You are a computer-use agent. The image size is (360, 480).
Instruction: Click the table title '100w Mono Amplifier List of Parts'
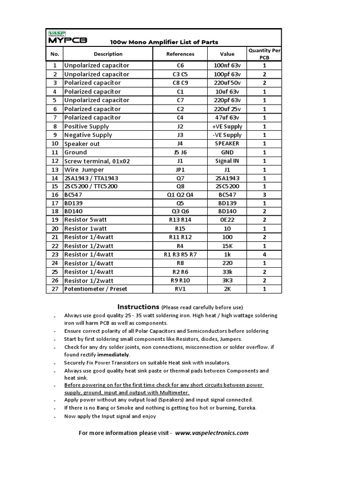(x=164, y=42)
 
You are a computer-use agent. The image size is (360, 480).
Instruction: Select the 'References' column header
(x=180, y=54)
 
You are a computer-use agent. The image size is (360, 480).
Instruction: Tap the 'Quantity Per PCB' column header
(x=264, y=54)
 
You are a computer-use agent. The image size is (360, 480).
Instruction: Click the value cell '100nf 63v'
(x=227, y=66)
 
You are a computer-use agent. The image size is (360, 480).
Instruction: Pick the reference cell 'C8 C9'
(x=180, y=83)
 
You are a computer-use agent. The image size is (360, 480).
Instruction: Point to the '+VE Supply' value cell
(x=227, y=127)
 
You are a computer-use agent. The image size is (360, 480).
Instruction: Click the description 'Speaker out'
(x=82, y=144)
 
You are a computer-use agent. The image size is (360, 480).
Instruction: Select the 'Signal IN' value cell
(x=227, y=161)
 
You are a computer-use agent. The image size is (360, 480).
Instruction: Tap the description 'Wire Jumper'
(x=84, y=170)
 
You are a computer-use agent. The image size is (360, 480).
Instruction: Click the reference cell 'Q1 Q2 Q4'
(x=180, y=195)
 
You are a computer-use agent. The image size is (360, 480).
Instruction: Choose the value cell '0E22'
(x=227, y=220)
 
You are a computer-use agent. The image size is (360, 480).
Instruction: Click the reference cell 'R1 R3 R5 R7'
(x=180, y=255)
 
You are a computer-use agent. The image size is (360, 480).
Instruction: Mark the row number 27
(x=55, y=289)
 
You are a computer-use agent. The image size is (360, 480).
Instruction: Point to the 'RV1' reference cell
(x=180, y=289)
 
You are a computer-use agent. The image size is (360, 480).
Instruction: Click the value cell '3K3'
(x=227, y=280)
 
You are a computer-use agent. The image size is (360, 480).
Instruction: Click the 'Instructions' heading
(x=138, y=307)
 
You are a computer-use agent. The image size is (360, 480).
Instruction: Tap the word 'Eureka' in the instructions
(x=246, y=408)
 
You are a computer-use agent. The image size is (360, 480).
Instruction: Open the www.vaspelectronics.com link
(x=212, y=433)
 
